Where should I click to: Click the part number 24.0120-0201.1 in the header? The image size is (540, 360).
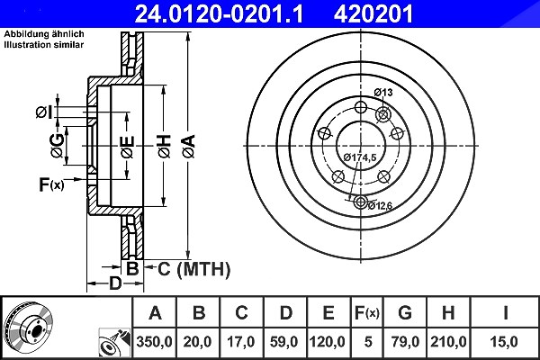(219, 13)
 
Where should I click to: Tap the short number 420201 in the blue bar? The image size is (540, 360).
(373, 13)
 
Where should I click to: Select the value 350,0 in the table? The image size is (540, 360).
(154, 342)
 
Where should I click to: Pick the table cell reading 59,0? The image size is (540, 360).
(284, 342)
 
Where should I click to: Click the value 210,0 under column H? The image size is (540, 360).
(448, 342)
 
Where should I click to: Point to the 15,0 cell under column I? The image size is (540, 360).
(503, 342)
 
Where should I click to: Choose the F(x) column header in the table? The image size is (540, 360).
(367, 313)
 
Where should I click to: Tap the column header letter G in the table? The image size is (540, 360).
(405, 313)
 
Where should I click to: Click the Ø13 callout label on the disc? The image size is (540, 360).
(383, 93)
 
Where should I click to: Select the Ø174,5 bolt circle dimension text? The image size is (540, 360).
(360, 157)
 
